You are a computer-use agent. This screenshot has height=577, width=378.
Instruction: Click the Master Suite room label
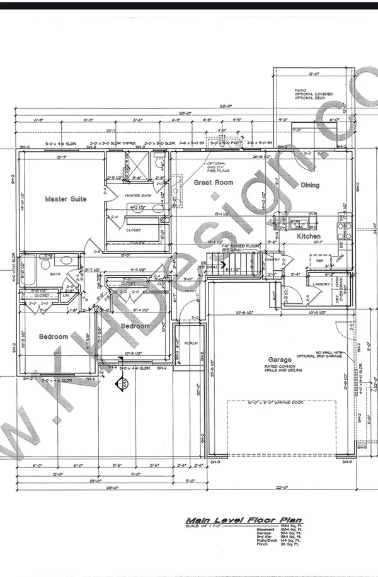(x=66, y=199)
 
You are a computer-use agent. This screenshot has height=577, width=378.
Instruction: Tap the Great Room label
(x=213, y=183)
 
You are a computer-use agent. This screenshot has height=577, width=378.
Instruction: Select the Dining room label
(x=309, y=185)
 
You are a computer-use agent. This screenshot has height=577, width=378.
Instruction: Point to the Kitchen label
(x=309, y=236)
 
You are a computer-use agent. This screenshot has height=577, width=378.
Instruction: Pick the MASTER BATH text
(x=138, y=196)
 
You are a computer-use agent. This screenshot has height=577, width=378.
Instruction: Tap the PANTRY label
(x=272, y=259)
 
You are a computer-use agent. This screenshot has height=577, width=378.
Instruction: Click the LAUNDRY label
(x=322, y=284)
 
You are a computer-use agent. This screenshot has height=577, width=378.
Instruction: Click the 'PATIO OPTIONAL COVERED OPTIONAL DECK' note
(x=314, y=94)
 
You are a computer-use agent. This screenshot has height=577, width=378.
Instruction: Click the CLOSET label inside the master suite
(x=134, y=230)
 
